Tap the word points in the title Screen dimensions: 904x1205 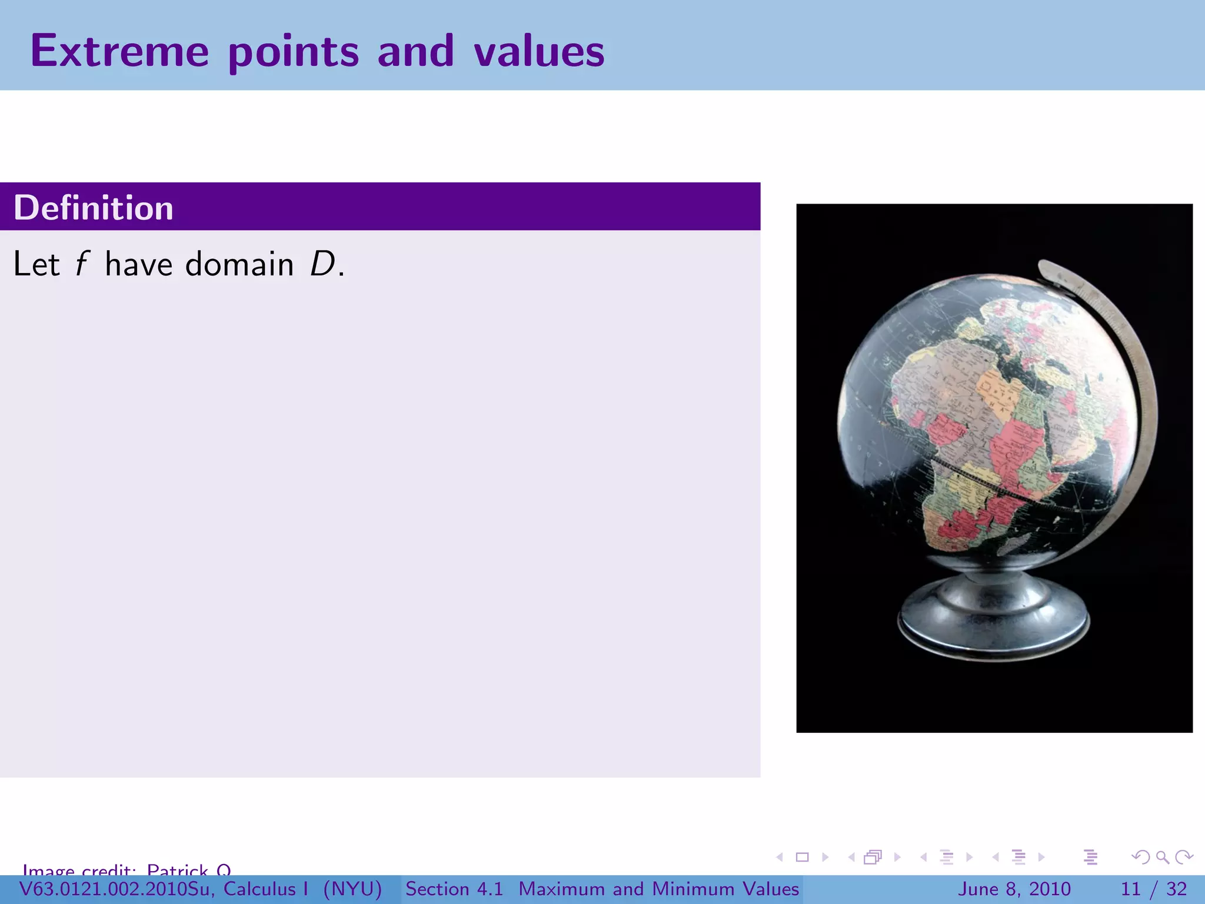coord(293,52)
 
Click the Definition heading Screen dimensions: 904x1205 coord(94,208)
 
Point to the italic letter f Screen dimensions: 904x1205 coord(82,264)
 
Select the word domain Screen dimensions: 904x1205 coord(239,264)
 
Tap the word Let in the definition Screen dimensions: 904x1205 coord(36,264)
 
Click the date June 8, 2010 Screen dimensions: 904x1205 coord(1015,889)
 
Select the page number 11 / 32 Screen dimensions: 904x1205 coord(1154,889)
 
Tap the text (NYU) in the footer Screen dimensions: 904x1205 coord(352,889)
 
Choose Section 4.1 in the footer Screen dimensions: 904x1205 coord(454,889)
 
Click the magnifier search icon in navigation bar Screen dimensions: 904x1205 coord(1162,857)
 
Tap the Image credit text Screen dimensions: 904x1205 coord(127,869)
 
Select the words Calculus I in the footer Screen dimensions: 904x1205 coord(265,889)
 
